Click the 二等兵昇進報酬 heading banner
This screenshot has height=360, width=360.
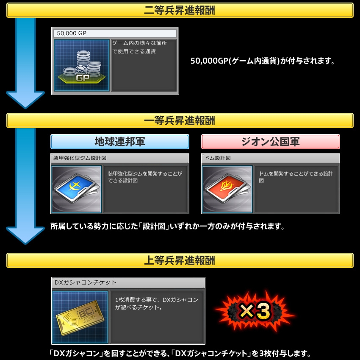click(180, 10)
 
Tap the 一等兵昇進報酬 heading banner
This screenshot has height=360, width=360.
click(180, 120)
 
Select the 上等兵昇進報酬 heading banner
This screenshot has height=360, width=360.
click(180, 260)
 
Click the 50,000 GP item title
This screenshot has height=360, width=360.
click(72, 33)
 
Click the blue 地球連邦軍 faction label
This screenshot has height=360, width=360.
click(120, 142)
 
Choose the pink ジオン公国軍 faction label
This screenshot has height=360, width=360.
click(271, 142)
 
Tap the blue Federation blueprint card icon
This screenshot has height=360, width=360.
click(77, 189)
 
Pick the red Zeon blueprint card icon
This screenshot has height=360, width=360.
click(227, 189)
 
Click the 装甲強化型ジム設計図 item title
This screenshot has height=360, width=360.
click(80, 158)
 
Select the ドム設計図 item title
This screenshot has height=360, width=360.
click(218, 158)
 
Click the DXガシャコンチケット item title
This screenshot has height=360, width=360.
click(86, 282)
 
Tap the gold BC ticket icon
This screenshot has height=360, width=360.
click(80, 317)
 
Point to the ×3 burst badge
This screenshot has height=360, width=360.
click(255, 311)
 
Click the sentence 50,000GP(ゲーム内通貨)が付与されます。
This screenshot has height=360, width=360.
click(263, 61)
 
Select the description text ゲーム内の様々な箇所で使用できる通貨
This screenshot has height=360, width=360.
click(140, 47)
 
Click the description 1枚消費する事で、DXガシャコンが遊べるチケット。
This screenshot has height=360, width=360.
click(157, 304)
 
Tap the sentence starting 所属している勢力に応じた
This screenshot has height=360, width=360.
click(168, 226)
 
